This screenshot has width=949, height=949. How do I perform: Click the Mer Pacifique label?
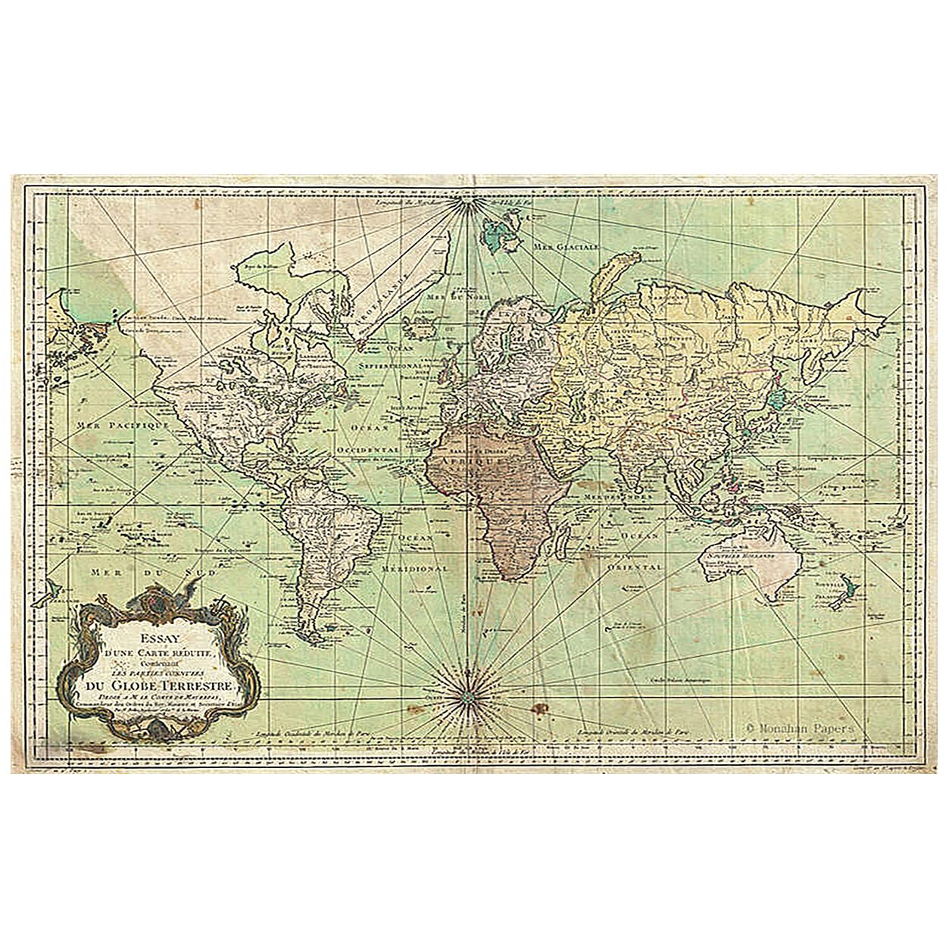pos(122,426)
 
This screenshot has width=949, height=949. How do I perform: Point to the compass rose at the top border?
pos(465,204)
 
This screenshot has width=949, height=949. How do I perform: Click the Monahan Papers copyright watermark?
pos(800,725)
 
